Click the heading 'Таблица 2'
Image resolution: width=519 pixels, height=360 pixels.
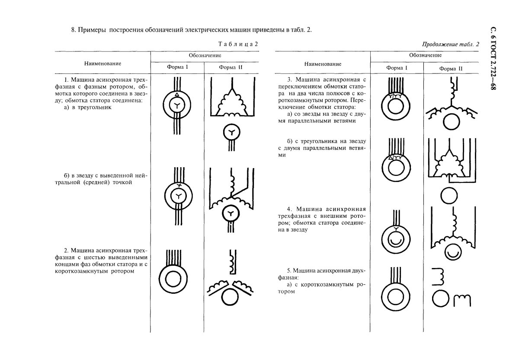[238, 44]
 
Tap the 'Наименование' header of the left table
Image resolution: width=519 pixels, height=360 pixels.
[103, 63]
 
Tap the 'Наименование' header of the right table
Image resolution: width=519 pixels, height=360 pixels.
[323, 64]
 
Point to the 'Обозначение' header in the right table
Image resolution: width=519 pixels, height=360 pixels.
[425, 55]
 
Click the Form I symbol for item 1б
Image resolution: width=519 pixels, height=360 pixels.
[177, 197]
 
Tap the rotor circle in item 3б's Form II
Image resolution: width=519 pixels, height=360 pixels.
[450, 196]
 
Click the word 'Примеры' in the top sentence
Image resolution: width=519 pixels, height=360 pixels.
[92, 30]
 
